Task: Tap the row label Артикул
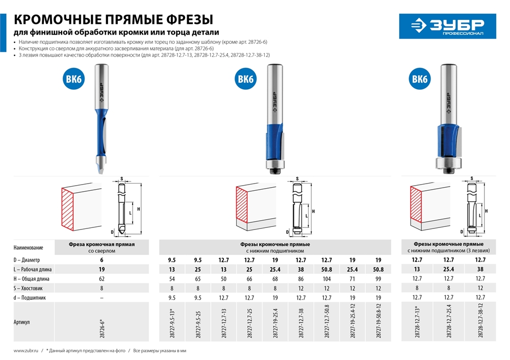pos(23,322)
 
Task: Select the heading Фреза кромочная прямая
pos(101,245)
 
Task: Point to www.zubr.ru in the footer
pos(26,351)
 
